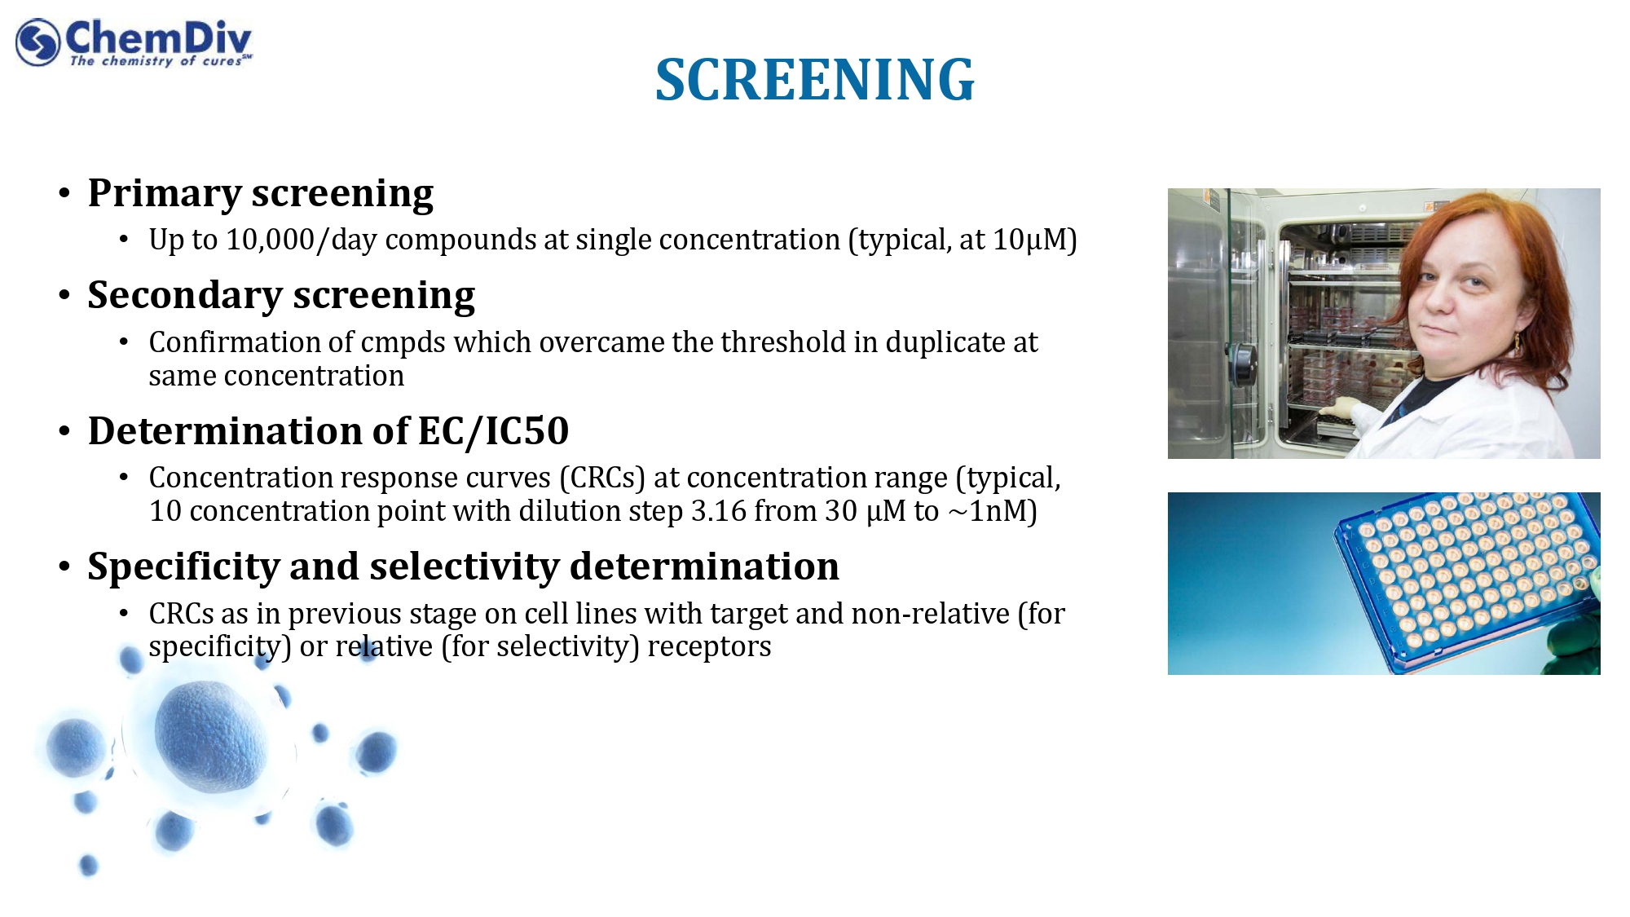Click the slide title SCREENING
(x=814, y=80)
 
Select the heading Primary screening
(x=261, y=194)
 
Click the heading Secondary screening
(x=281, y=296)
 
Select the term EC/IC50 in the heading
(x=493, y=431)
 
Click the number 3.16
(x=719, y=511)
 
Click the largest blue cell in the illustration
(x=210, y=736)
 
